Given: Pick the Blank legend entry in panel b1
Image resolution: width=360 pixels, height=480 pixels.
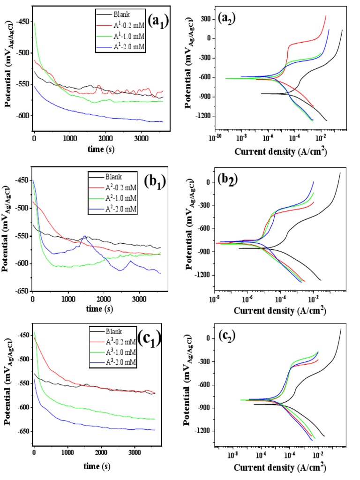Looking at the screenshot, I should tap(114, 177).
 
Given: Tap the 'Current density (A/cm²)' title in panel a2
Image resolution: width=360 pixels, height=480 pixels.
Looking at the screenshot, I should tap(280, 151).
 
